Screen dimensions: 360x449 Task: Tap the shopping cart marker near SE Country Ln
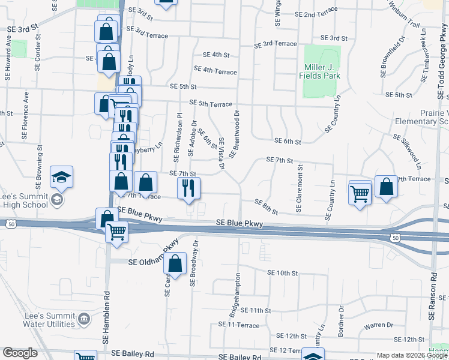pyautogui.click(x=360, y=193)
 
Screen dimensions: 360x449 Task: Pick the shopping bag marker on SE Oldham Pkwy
pyautogui.click(x=175, y=263)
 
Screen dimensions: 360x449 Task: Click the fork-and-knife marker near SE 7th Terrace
pyautogui.click(x=189, y=188)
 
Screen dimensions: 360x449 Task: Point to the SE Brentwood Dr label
pyautogui.click(x=234, y=133)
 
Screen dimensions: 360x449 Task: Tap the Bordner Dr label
pyautogui.click(x=340, y=321)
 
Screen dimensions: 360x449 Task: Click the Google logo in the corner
pyautogui.click(x=20, y=353)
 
